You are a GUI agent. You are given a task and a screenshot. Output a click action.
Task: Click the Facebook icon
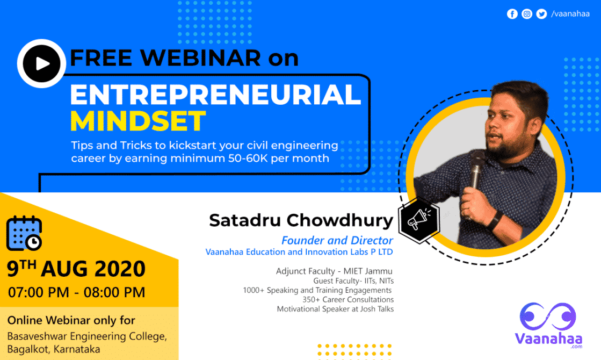[x=512, y=14]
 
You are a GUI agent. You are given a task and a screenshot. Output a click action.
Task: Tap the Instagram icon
[x=527, y=14]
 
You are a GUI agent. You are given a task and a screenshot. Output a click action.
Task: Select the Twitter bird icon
[x=541, y=14]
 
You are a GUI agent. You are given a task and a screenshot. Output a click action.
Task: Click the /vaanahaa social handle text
[x=570, y=14]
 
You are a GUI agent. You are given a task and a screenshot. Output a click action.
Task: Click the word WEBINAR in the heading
[x=200, y=58]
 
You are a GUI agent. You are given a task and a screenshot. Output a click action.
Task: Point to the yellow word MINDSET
[x=138, y=121]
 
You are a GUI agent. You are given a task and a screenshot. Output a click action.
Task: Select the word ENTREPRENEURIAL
[x=216, y=95]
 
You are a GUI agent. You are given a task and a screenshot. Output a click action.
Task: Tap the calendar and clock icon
[x=24, y=233]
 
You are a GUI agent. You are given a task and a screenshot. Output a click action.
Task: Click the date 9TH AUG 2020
[x=76, y=268]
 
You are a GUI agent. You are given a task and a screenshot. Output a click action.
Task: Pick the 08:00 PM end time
[x=114, y=292]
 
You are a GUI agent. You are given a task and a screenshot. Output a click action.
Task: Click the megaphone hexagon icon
[x=418, y=220]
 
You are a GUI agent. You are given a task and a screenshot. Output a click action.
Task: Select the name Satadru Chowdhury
[x=301, y=220]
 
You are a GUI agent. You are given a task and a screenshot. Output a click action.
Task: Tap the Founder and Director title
[x=337, y=240]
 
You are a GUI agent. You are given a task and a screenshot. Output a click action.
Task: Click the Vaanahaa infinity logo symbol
[x=548, y=316]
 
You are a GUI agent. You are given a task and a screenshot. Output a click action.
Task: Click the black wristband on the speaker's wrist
[x=495, y=221]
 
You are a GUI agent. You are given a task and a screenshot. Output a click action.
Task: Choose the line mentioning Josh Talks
[x=335, y=309]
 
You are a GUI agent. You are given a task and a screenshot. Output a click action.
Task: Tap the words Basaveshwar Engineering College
[x=87, y=336]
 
